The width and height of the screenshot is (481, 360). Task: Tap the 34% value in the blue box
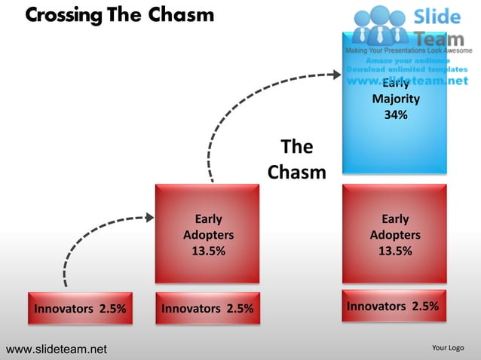(x=395, y=115)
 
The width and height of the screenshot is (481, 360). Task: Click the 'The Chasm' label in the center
(x=296, y=159)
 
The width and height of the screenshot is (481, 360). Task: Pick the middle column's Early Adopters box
(x=208, y=235)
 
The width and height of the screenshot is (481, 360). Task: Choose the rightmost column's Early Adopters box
(x=394, y=235)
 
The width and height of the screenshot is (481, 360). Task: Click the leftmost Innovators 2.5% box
(x=80, y=308)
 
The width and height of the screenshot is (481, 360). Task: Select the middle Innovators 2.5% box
(x=208, y=308)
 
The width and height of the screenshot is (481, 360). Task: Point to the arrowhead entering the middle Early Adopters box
(x=149, y=218)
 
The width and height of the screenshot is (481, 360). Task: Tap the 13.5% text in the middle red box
(x=208, y=252)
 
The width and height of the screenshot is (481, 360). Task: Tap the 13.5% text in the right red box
(x=394, y=252)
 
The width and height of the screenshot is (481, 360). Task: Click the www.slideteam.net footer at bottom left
(x=57, y=349)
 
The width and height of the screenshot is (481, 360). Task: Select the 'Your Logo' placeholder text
(x=447, y=348)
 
